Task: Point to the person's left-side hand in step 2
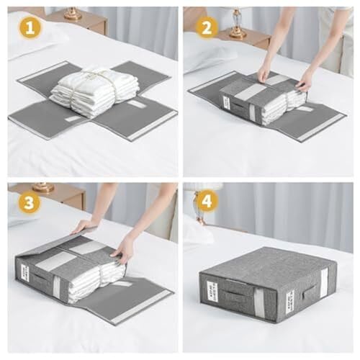pos(264,71)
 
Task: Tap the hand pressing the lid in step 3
pos(123,248)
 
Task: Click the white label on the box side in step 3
pos(24,273)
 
